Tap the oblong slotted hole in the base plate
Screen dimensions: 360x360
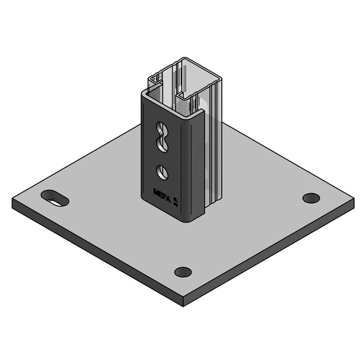54,198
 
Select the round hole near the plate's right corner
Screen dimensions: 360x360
311,198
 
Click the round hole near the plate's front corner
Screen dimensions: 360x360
183,272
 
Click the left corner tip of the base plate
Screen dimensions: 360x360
13,202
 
